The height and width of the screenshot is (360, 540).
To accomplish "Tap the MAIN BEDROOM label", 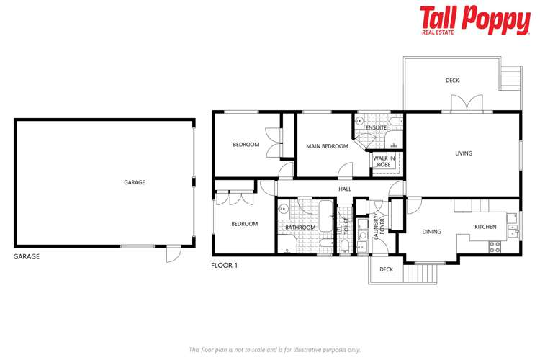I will click(x=327, y=146).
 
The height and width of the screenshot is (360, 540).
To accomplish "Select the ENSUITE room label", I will click(x=376, y=127).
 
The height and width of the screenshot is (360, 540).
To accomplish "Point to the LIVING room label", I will click(x=463, y=153).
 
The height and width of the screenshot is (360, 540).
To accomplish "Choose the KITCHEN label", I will click(x=485, y=227).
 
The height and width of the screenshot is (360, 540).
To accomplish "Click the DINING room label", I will click(x=431, y=231).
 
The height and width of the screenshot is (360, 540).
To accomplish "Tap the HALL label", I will click(x=345, y=189).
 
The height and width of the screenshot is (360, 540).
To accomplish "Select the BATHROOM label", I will click(x=300, y=228).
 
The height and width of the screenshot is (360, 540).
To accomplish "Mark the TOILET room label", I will click(x=345, y=230).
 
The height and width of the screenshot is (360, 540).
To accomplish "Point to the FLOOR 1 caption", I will click(x=224, y=265).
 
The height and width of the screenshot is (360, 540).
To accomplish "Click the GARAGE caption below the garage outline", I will click(x=27, y=256).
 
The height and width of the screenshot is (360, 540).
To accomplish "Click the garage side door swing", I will click(x=174, y=255).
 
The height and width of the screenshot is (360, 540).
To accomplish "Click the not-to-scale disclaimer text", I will click(x=274, y=349).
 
